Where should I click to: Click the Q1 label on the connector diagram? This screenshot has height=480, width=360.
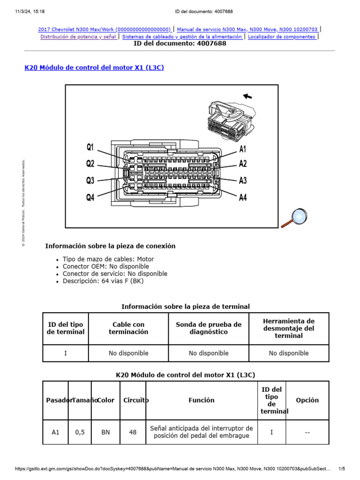pos(90,147)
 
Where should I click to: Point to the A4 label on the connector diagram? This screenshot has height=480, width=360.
pos(243,198)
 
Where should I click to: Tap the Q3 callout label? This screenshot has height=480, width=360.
pos(90,180)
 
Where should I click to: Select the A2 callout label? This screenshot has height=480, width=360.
pos(243,164)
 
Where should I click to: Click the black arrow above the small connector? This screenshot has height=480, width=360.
pos(247,96)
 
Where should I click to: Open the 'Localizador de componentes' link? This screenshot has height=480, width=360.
pos(282,37)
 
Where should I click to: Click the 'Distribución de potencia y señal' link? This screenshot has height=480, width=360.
pos(78,37)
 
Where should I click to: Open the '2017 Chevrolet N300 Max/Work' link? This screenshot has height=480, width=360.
pos(105,29)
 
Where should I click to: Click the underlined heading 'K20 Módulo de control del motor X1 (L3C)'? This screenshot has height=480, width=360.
pos(94,67)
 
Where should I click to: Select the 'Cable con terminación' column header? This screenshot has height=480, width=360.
pos(128,328)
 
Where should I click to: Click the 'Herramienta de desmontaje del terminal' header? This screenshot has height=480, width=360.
pos(289,328)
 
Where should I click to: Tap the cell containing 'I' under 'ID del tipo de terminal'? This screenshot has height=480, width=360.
pos(66,353)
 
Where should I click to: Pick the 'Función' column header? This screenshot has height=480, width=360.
pos(202,400)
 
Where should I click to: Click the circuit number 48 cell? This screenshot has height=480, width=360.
pos(133,432)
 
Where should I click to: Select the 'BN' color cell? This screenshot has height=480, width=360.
pos(106,432)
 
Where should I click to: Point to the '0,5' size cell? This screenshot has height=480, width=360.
pos(80,432)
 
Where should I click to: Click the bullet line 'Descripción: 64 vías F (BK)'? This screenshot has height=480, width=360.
pos(103,281)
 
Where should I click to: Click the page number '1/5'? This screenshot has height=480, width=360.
pos(342,468)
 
